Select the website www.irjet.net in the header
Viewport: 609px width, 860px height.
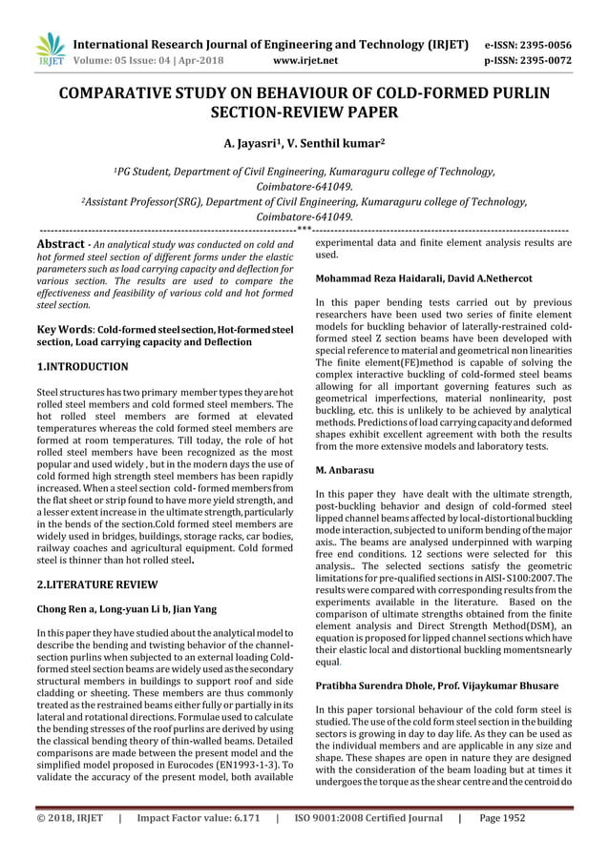(x=305, y=60)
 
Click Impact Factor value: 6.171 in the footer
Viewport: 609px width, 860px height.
(x=198, y=817)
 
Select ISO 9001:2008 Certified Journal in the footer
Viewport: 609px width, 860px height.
(x=367, y=817)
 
